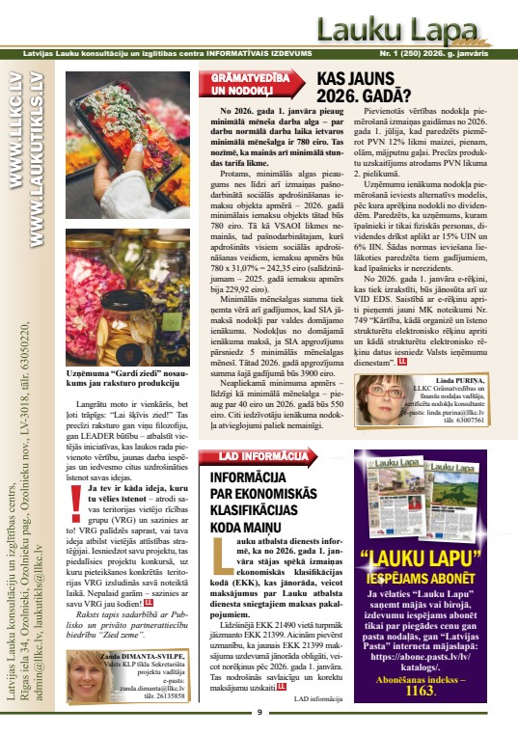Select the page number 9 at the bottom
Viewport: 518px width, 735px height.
(x=259, y=712)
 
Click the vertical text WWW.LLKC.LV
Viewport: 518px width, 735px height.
(x=16, y=115)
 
